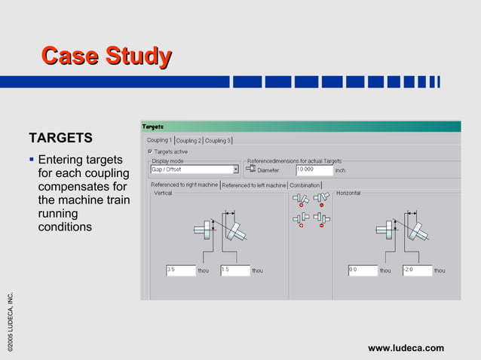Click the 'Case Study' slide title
106,56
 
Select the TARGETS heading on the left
60,138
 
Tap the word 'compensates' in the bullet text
74,187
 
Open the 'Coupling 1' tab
159,140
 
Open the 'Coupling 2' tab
188,140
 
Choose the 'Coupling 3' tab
217,140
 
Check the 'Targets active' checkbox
150,151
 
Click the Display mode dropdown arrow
235,169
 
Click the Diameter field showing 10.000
314,170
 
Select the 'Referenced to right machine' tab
184,185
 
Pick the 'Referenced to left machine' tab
253,185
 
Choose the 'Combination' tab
305,185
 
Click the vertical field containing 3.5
179,270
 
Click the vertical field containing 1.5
234,270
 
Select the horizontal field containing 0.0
361,270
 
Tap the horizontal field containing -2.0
416,270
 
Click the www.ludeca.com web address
406,347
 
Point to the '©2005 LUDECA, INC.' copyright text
11,319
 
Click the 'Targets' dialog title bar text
154,127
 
